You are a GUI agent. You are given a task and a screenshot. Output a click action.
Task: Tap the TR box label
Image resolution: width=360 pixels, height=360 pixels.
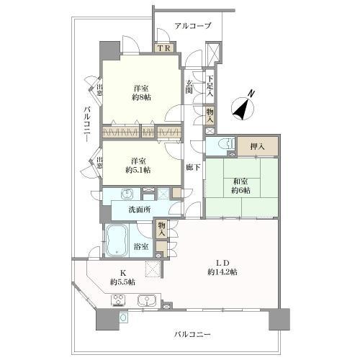163,49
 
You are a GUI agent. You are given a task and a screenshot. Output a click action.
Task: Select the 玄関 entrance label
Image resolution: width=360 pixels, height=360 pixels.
189,86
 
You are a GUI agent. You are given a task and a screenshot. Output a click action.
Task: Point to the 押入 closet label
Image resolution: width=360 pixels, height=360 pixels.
256,147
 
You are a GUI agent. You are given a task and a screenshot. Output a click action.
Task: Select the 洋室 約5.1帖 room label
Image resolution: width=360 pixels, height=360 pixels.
141,166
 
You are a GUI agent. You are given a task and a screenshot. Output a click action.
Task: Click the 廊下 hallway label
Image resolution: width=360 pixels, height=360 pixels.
192,167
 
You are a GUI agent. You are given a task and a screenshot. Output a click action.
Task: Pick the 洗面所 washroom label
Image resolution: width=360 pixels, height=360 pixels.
139,210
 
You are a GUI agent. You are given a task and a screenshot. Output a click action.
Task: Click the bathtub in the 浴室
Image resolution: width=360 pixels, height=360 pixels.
117,241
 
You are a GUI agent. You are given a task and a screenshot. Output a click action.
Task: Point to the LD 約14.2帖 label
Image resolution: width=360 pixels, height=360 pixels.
222,266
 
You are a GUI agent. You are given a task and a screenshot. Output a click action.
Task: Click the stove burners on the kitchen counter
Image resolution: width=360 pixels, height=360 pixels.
119,300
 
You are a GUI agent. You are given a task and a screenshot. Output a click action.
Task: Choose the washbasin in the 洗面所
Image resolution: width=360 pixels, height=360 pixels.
127,195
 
